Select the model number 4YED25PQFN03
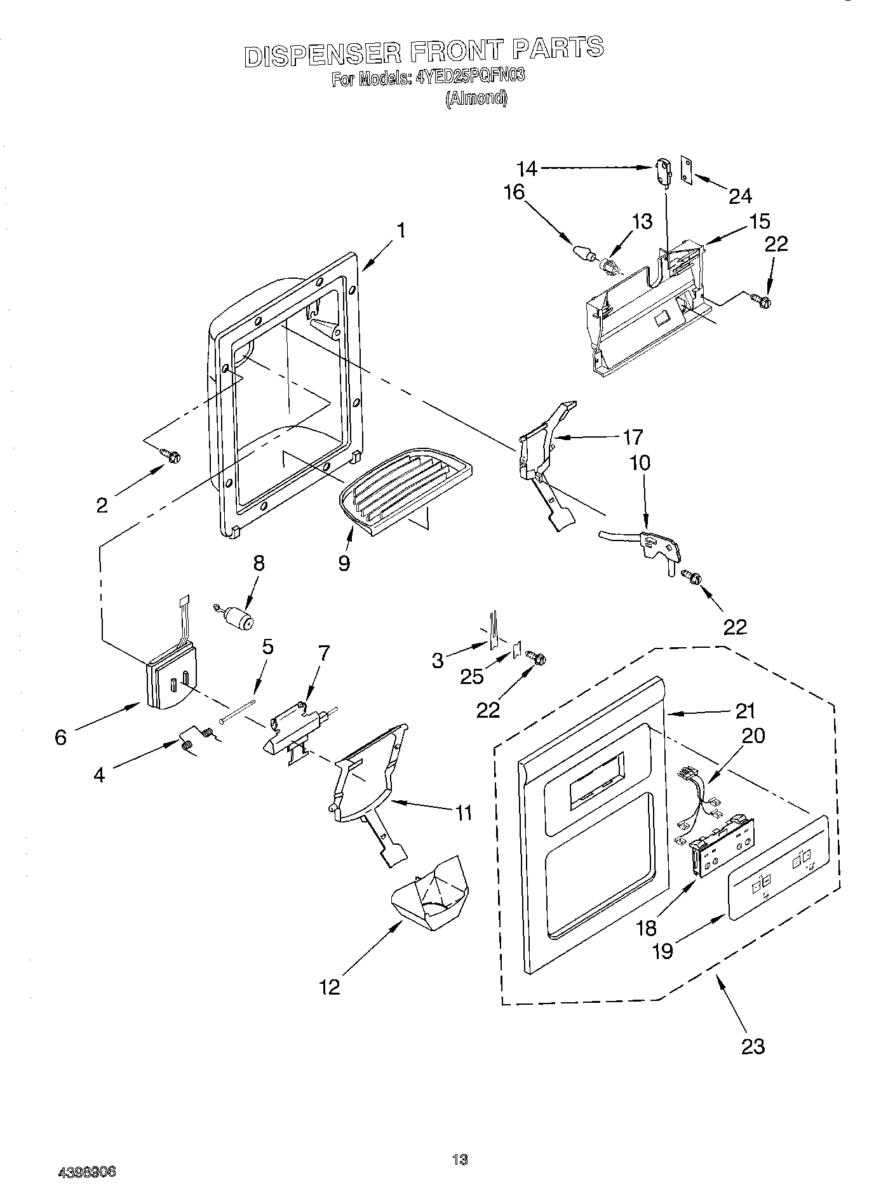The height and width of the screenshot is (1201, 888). coord(471,78)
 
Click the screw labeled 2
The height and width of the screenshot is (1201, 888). coord(172,455)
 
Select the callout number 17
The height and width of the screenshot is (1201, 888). coord(633,437)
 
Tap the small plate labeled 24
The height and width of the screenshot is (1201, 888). coord(687,170)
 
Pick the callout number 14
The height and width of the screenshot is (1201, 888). coord(527,169)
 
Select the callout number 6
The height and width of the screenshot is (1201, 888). coord(60,737)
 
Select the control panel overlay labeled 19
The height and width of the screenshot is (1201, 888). coord(778,868)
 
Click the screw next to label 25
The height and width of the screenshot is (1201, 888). coord(534,659)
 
